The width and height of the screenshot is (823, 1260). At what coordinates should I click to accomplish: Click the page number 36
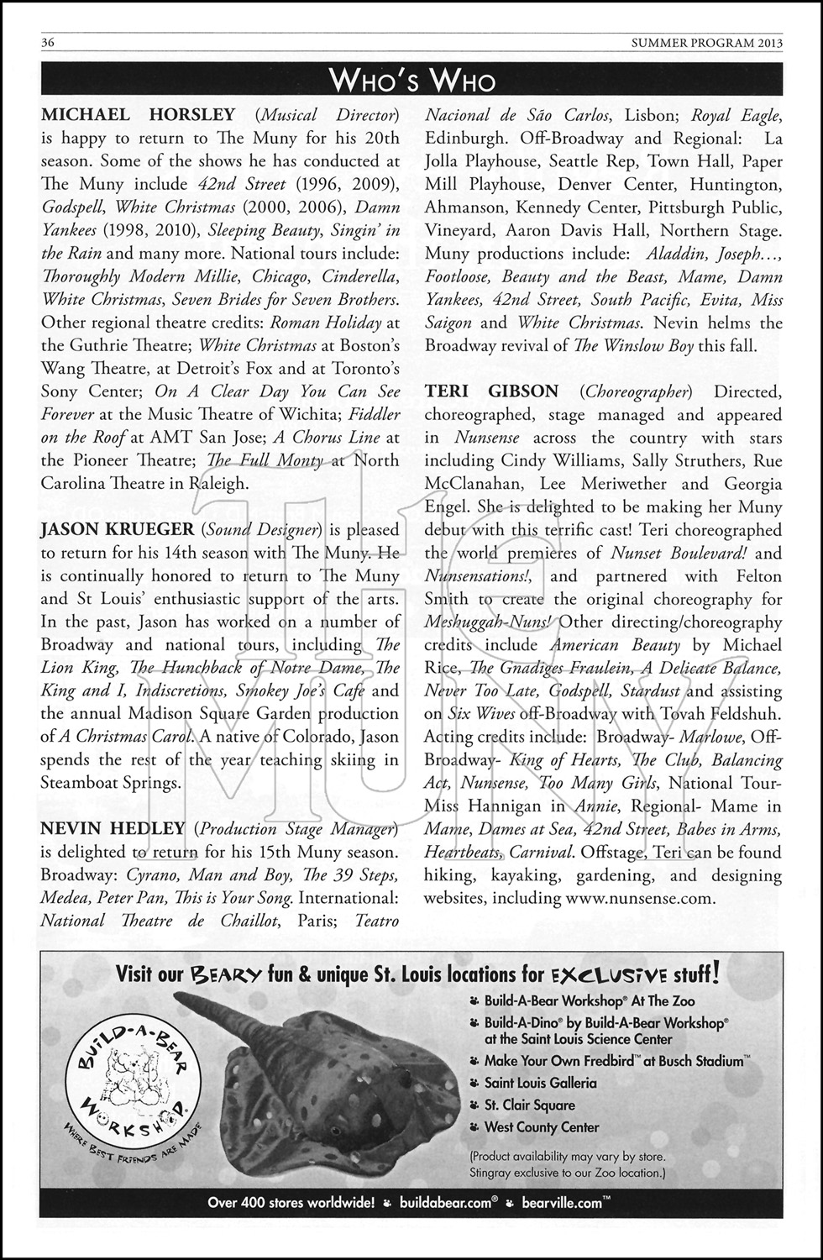point(48,43)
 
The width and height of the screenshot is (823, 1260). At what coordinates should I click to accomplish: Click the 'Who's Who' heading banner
point(411,80)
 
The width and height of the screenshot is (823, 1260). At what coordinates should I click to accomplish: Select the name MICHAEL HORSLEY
point(139,114)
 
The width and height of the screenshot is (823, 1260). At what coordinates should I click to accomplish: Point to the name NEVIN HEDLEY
point(113,829)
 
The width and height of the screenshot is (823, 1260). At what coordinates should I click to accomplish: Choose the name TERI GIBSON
point(491,391)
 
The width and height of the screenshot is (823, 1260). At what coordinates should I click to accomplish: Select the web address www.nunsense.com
point(640,898)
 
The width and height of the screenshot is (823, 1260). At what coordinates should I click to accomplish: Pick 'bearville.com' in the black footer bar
point(561,1202)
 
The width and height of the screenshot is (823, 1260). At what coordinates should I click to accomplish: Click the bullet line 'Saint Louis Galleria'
point(540,1084)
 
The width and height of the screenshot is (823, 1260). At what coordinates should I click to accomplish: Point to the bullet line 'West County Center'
point(542,1127)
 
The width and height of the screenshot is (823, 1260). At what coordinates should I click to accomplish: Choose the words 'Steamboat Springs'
point(110,783)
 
